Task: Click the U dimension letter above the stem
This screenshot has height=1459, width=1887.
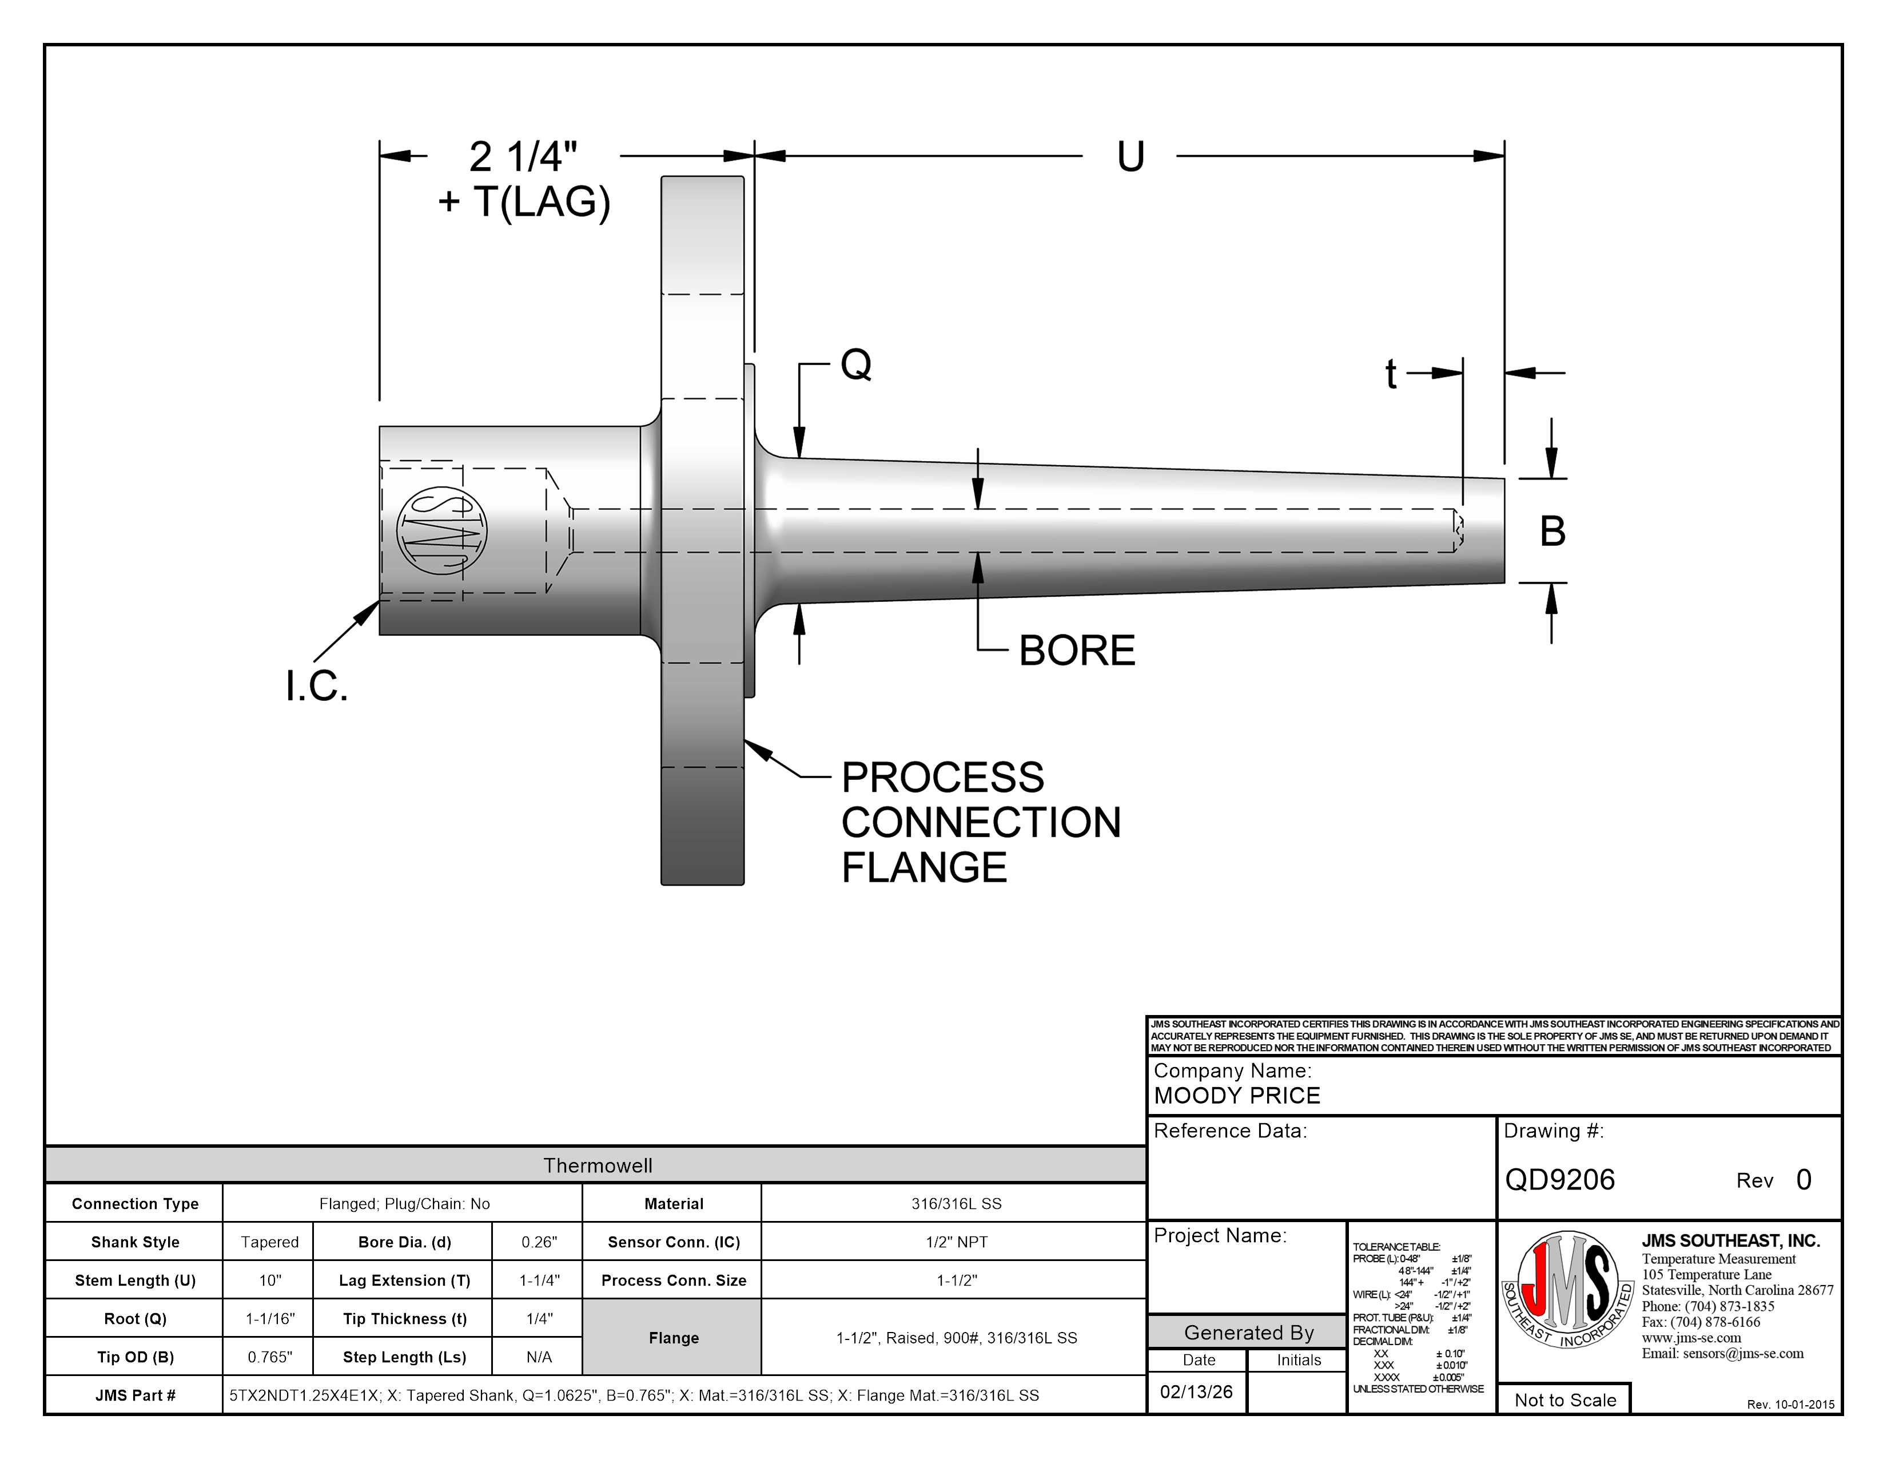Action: click(x=1130, y=157)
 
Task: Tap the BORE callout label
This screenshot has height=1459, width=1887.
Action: click(x=1077, y=651)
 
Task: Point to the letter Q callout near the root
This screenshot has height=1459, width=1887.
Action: click(x=855, y=365)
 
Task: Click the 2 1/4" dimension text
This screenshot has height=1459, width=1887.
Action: click(x=523, y=157)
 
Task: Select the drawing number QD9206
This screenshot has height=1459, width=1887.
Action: click(x=1559, y=1180)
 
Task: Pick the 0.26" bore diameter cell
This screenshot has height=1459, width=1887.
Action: click(x=539, y=1242)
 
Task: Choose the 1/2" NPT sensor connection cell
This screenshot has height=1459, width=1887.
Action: click(x=957, y=1242)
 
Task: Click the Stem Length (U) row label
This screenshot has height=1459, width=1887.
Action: click(x=135, y=1280)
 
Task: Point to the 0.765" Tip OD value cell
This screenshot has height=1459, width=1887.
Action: click(x=269, y=1357)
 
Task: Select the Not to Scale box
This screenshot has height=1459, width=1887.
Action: click(x=1564, y=1400)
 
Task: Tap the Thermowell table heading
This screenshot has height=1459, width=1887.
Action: click(x=597, y=1165)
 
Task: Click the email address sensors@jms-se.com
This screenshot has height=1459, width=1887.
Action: click(x=1722, y=1354)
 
